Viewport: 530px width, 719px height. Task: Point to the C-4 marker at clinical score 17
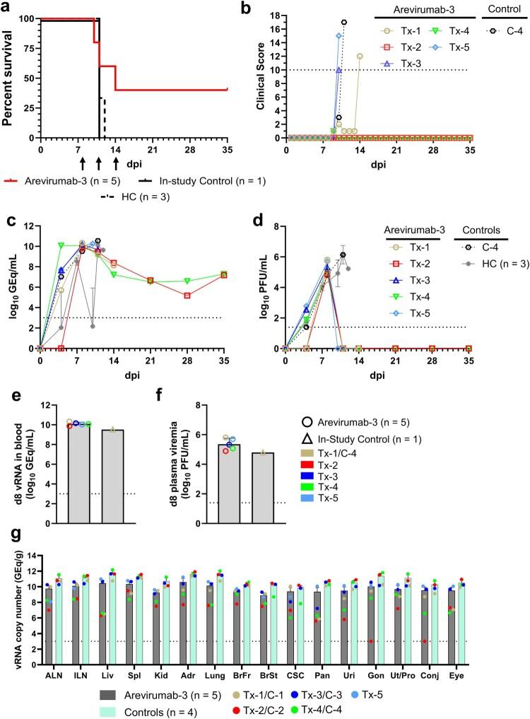[x=344, y=22]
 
